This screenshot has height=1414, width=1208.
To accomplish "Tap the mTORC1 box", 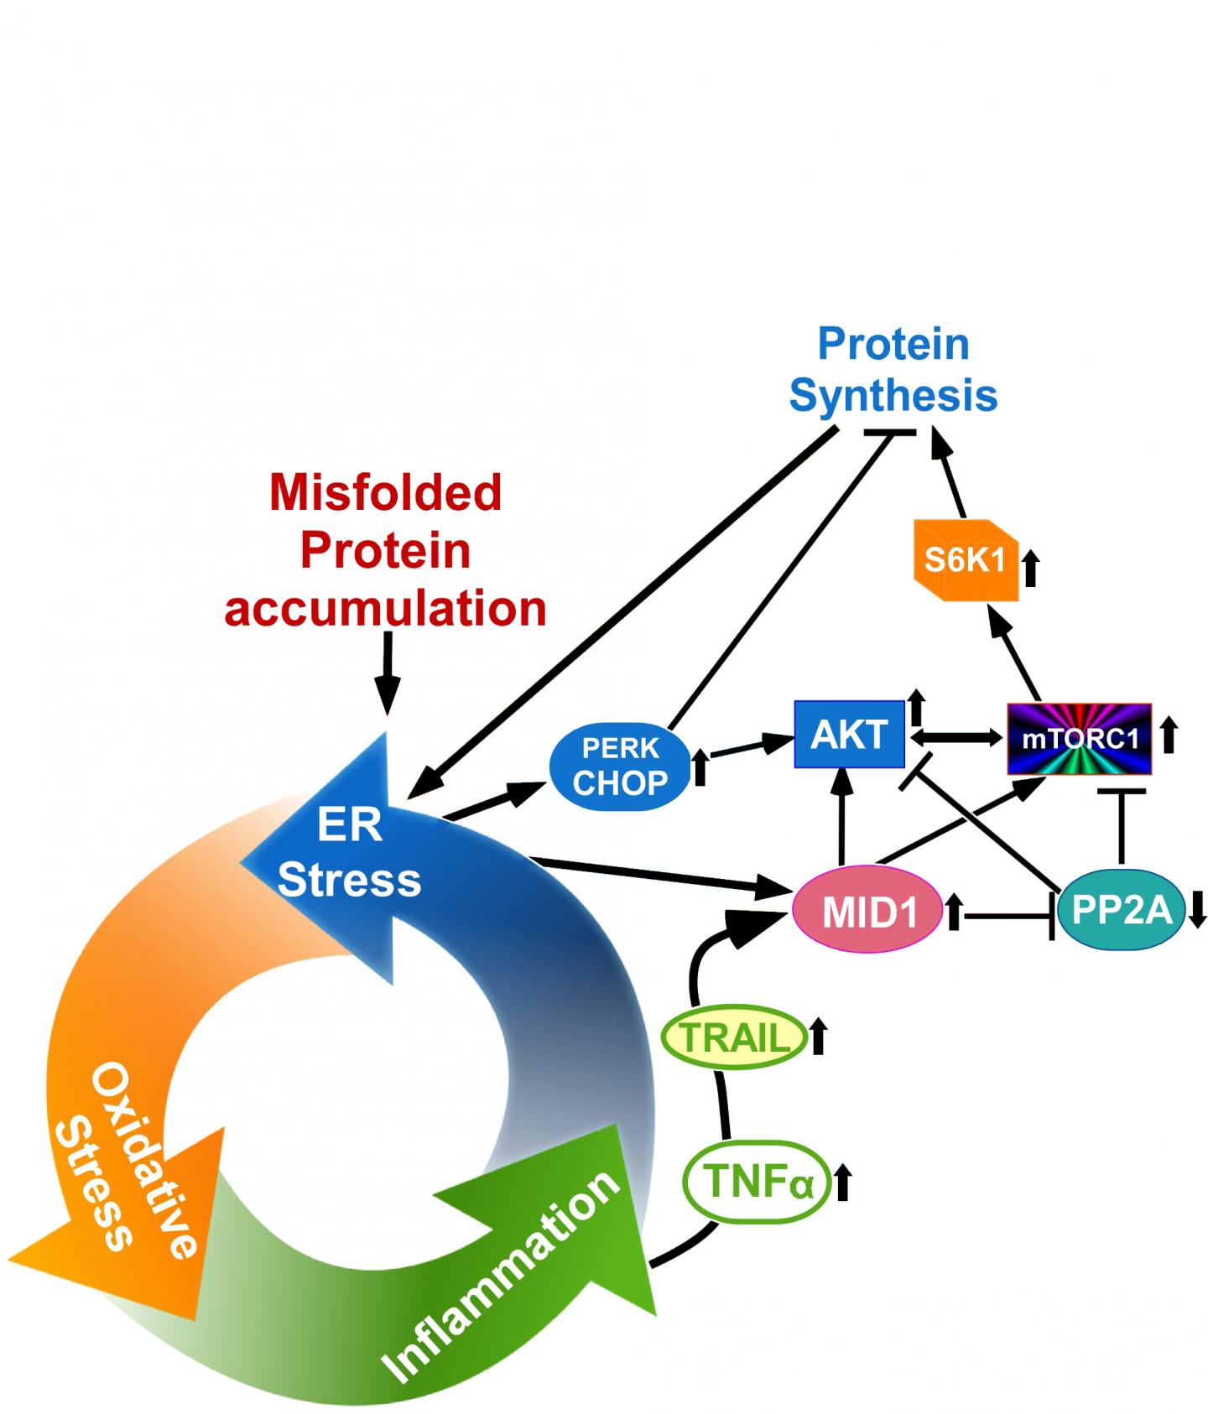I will (x=1080, y=738).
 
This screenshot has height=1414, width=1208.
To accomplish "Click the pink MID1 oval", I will (x=869, y=912).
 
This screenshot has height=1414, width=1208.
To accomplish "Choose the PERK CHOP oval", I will (x=620, y=765).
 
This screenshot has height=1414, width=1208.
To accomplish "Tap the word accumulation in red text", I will (x=386, y=607).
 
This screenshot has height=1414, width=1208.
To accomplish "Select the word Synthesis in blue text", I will (x=893, y=395).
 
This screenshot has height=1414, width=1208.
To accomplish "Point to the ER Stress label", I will (x=349, y=853).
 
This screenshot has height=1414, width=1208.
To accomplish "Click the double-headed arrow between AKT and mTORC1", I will (x=956, y=737).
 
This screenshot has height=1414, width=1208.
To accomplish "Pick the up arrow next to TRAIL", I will (x=819, y=1037).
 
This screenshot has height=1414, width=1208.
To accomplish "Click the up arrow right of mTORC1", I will (x=1169, y=736).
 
